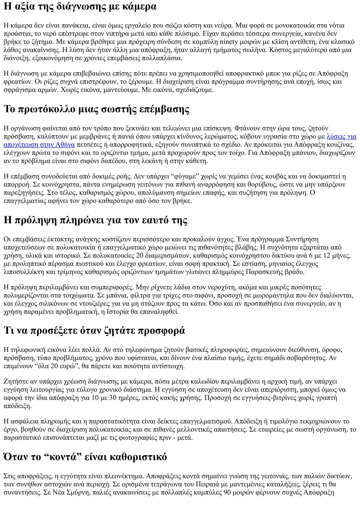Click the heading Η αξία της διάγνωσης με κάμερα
tap(80, 6)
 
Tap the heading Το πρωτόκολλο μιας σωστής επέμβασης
tap(96, 109)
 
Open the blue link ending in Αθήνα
tap(39, 144)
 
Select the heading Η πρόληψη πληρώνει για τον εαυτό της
tap(95, 220)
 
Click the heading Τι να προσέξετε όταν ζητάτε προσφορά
tap(94, 330)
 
